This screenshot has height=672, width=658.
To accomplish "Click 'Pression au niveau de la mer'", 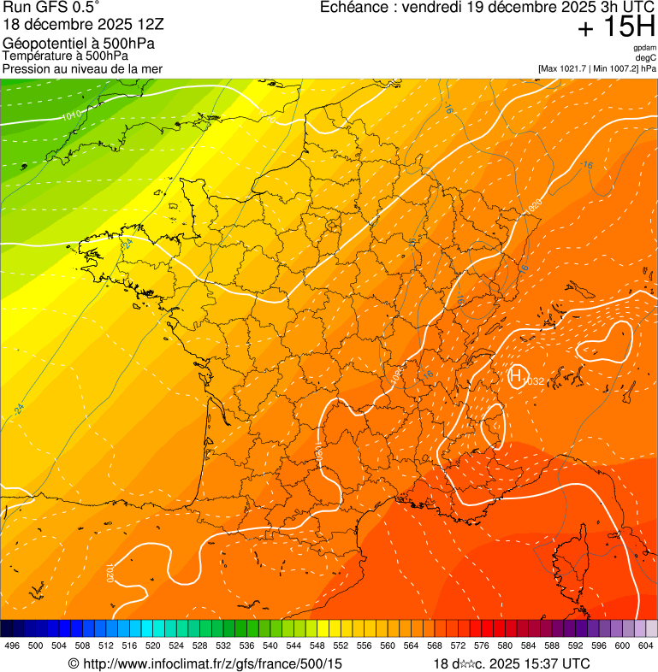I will pyautogui.click(x=82, y=68).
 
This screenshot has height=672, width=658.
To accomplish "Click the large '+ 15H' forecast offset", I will pyautogui.click(x=615, y=27).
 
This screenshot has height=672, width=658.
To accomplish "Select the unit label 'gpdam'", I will pyautogui.click(x=644, y=49).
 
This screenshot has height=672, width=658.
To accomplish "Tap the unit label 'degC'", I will pyautogui.click(x=646, y=58).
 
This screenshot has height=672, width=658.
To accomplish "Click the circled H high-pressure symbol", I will pyautogui.click(x=516, y=374).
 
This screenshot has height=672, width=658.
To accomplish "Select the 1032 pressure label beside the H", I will pyautogui.click(x=534, y=380).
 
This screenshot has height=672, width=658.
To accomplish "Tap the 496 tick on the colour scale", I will pyautogui.click(x=12, y=645).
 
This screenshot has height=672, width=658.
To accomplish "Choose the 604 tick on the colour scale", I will pyautogui.click(x=646, y=645).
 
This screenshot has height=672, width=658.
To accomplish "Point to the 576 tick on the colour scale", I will pyautogui.click(x=482, y=645).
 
